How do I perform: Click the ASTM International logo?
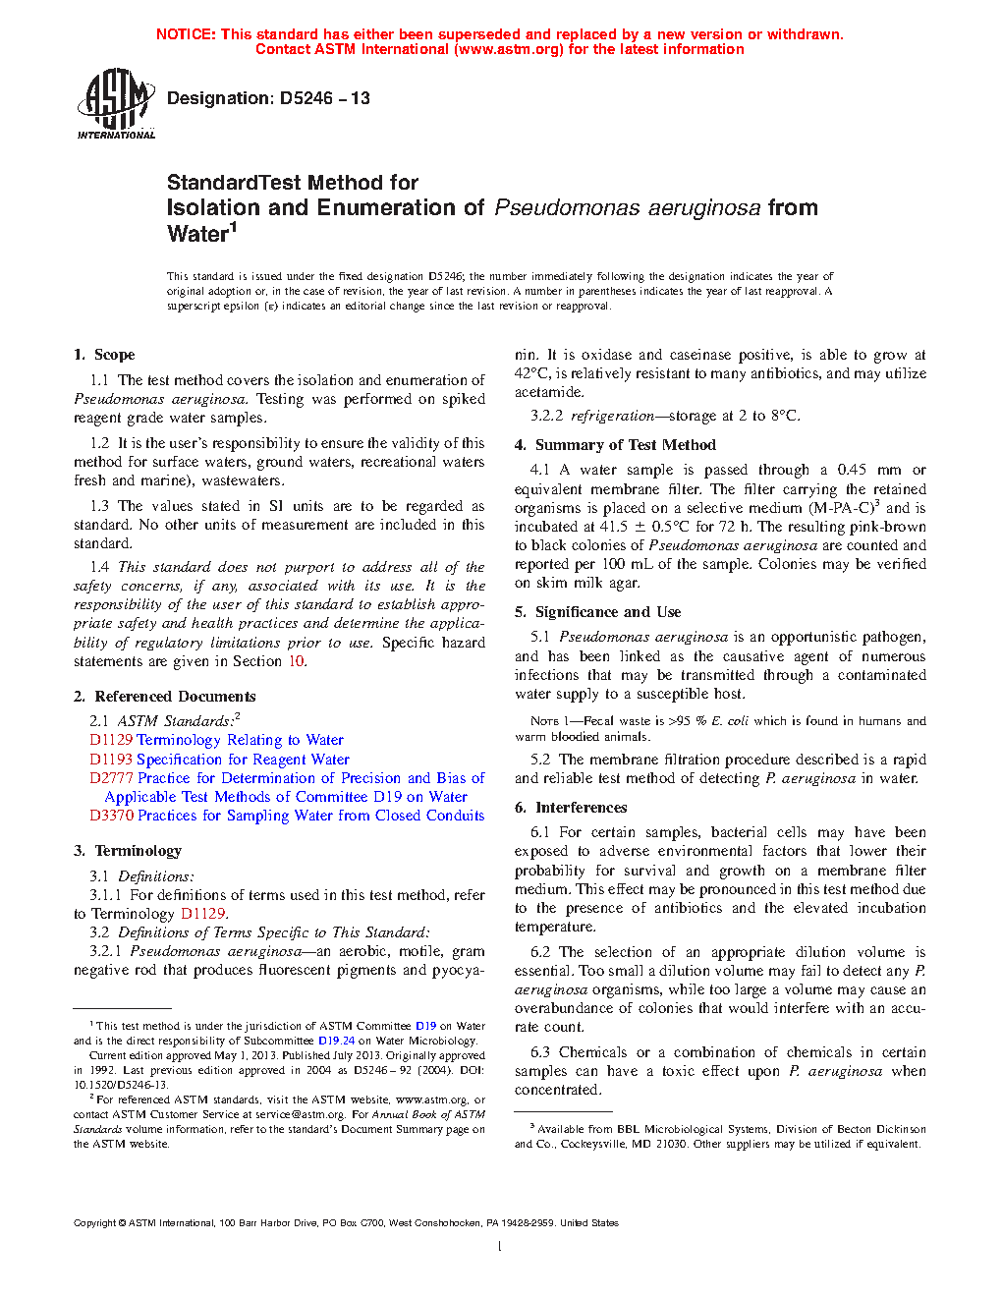(116, 103)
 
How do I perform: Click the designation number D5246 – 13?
(268, 98)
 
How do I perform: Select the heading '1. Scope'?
(104, 355)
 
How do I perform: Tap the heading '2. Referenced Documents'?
(164, 697)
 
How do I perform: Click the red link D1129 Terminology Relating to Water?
(216, 740)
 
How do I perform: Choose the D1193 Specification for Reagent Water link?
(219, 760)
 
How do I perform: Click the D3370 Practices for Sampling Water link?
(287, 816)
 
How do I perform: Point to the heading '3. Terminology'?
(128, 851)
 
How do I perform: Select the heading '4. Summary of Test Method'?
(615, 445)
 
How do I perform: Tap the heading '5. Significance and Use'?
(597, 612)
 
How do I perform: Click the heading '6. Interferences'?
(571, 808)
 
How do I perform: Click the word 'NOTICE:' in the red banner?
(186, 34)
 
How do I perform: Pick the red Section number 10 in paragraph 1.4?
(296, 661)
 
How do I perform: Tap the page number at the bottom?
(500, 1247)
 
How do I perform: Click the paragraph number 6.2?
(540, 952)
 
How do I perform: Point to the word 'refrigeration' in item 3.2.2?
(612, 416)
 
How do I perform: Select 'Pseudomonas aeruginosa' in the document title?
(627, 208)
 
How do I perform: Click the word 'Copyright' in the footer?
(94, 1223)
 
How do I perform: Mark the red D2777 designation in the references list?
(111, 778)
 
